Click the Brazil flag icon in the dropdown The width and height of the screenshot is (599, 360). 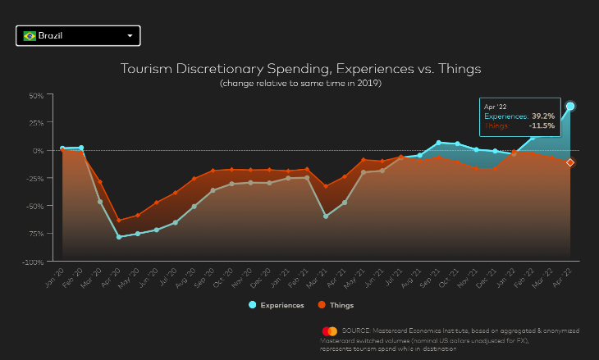pos(30,36)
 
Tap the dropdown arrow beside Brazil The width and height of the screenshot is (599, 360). pos(130,36)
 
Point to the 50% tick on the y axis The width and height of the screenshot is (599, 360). pos(35,95)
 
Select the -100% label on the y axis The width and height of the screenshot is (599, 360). pos(33,262)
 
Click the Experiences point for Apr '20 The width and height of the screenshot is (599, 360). pos(119,237)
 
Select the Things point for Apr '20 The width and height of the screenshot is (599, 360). pos(119,221)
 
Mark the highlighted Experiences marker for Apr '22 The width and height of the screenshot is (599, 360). pos(570,106)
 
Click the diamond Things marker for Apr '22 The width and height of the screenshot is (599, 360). pos(570,162)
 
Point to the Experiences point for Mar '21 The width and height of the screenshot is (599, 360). pos(326,216)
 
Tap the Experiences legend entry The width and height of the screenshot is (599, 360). pos(276,305)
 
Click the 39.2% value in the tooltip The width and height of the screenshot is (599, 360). pos(543,116)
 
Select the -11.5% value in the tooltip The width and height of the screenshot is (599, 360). pos(542,126)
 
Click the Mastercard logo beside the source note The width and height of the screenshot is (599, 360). pos(330,330)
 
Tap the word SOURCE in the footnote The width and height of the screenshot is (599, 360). pos(356,330)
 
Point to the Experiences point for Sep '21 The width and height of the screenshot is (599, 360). pos(439,143)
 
